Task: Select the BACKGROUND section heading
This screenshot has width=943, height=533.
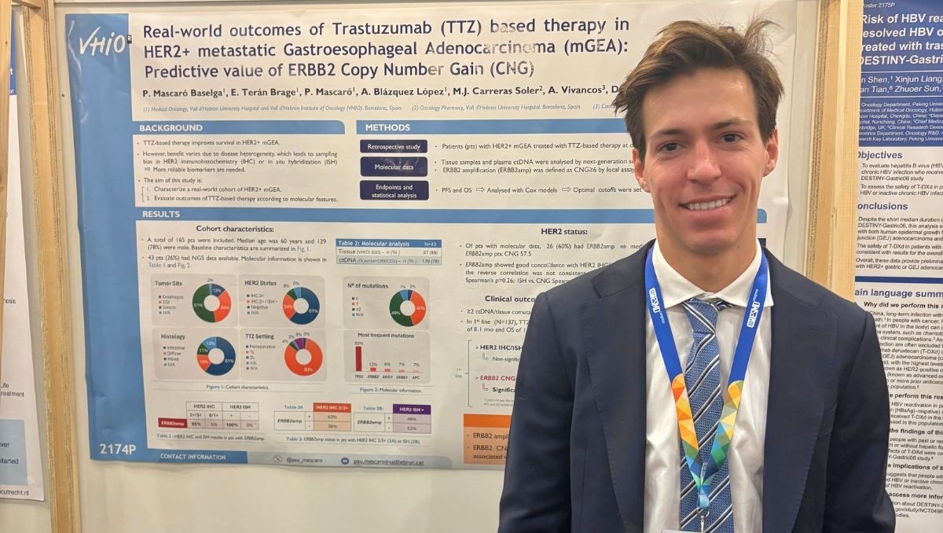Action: click(x=171, y=127)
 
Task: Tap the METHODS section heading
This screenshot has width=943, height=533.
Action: click(x=387, y=127)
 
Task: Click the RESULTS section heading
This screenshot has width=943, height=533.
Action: click(x=161, y=214)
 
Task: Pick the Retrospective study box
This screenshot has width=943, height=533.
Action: click(x=394, y=146)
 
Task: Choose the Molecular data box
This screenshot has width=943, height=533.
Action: click(x=394, y=166)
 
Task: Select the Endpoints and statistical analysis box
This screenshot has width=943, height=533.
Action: click(x=394, y=190)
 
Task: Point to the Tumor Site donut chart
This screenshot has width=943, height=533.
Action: click(x=211, y=303)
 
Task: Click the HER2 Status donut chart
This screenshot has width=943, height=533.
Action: click(x=301, y=305)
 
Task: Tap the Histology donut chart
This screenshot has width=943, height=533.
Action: click(x=215, y=355)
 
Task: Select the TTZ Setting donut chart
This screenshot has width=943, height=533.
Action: click(x=303, y=356)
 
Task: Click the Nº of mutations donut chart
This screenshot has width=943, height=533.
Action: click(x=407, y=307)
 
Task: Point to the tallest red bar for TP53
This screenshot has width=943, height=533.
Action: click(x=358, y=357)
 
